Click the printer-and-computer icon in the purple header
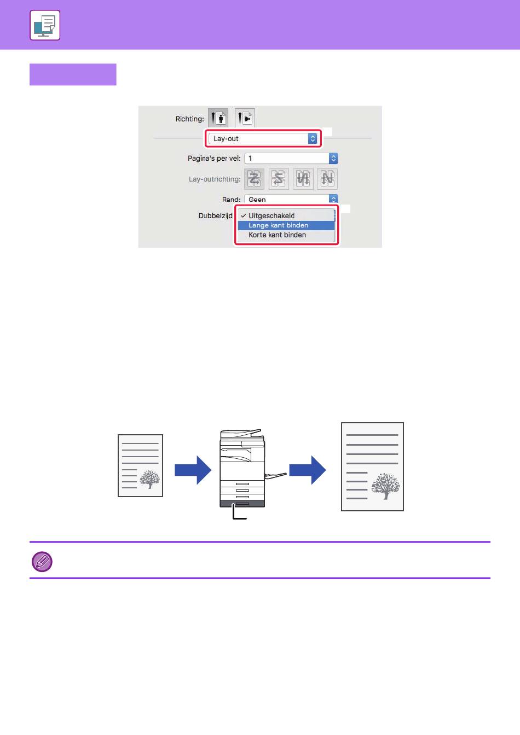point(45,25)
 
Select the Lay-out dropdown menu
point(263,138)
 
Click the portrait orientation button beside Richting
point(218,117)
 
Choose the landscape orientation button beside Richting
point(245,117)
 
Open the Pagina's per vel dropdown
point(291,159)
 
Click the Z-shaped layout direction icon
point(254,179)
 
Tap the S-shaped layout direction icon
point(279,179)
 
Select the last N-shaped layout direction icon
point(327,179)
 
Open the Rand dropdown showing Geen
point(291,199)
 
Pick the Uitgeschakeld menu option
point(271,215)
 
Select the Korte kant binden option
point(277,235)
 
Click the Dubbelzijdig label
point(216,215)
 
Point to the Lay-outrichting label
point(215,179)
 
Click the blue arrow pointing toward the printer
point(193,470)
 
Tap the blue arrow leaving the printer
point(308,470)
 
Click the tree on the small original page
point(150,479)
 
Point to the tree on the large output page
point(386,486)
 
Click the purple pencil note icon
point(42,562)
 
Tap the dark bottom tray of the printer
point(242,504)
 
